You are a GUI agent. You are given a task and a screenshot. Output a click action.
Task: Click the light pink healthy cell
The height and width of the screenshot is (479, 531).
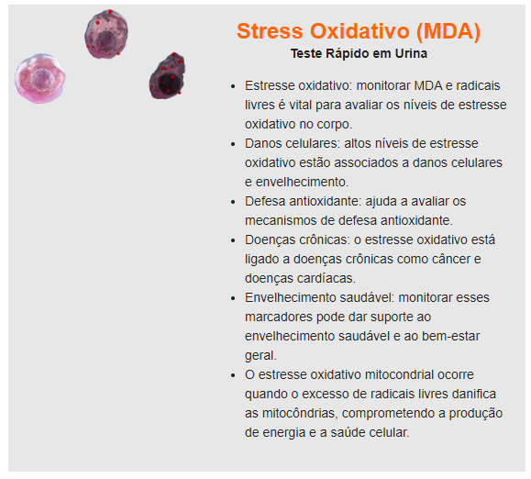(x=40, y=78)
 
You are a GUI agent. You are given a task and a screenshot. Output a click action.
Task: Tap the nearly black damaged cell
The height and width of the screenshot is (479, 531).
(x=167, y=76)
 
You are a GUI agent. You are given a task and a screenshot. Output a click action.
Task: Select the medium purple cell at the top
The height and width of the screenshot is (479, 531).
(x=106, y=34)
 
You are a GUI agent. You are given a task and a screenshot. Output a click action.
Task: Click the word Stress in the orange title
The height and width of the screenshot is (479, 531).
(x=270, y=31)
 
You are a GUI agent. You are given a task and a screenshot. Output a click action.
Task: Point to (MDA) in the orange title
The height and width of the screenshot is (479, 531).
(x=448, y=31)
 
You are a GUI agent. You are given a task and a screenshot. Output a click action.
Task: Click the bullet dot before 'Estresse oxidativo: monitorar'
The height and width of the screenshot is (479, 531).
(x=233, y=86)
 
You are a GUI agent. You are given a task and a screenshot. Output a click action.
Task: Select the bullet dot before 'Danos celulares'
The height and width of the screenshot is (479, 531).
(x=233, y=144)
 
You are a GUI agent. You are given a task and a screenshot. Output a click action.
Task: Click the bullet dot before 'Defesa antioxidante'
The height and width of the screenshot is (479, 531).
(x=233, y=202)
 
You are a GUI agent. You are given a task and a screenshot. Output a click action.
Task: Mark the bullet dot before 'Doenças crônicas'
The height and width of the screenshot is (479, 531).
(x=233, y=240)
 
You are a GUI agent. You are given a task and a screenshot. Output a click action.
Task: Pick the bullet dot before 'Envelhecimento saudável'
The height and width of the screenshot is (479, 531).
(x=233, y=298)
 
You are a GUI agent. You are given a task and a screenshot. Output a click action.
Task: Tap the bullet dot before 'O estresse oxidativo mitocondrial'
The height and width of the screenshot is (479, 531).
(x=233, y=375)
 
